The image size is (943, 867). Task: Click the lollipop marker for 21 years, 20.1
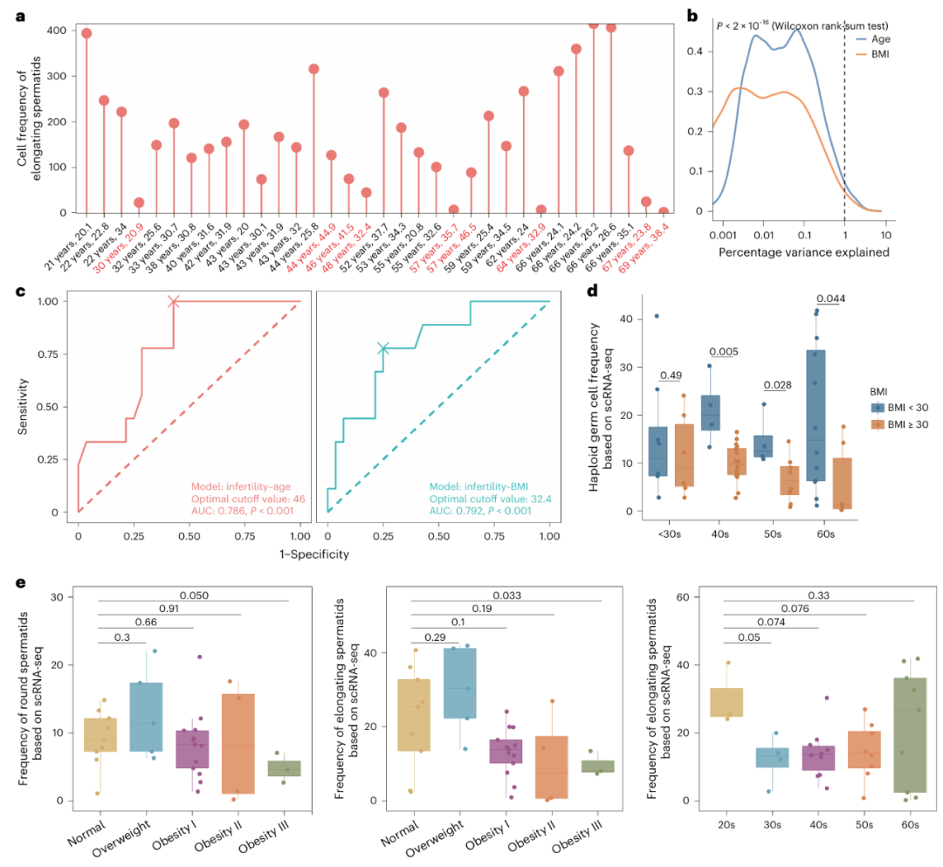click(x=86, y=33)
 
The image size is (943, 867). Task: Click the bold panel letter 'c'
click(x=19, y=290)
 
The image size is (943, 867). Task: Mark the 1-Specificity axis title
click(x=313, y=554)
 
